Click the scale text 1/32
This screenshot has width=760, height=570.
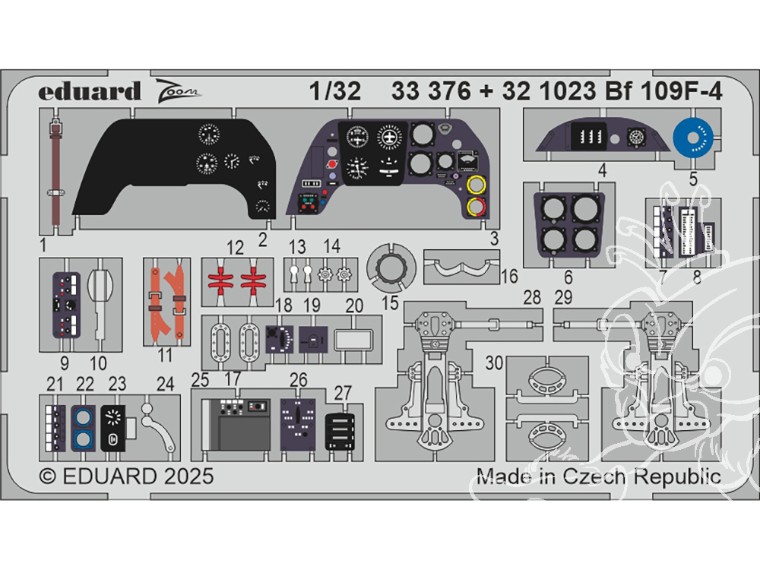(x=334, y=91)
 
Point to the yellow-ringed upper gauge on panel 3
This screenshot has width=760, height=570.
(x=477, y=185)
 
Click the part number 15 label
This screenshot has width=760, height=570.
(x=390, y=305)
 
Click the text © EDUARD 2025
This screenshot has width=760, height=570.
(x=126, y=477)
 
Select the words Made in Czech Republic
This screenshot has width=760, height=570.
(x=598, y=477)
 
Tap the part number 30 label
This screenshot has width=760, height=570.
(x=494, y=364)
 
